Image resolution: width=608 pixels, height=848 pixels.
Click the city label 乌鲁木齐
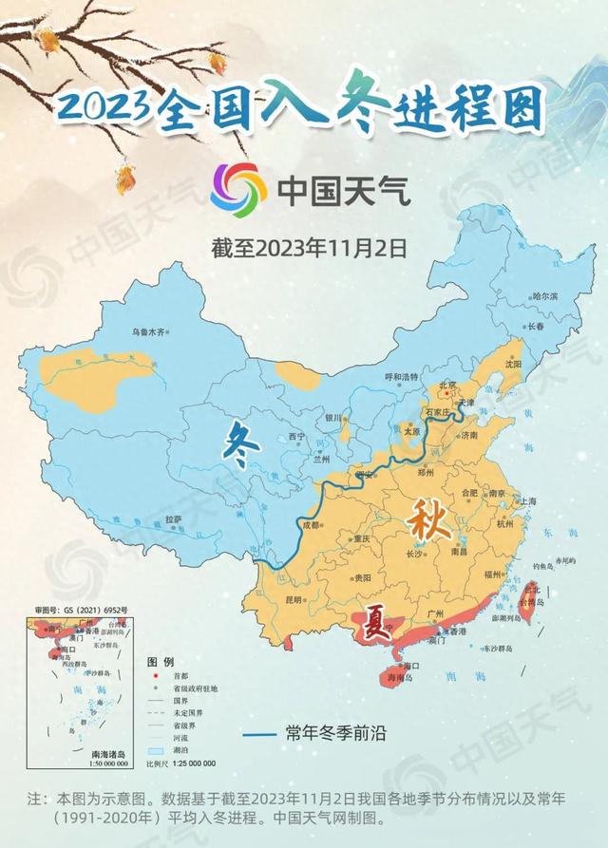tap(149, 332)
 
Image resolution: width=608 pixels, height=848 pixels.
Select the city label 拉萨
tap(174, 519)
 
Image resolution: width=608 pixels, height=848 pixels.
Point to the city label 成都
tap(312, 524)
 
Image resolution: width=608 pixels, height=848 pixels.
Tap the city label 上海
tap(527, 501)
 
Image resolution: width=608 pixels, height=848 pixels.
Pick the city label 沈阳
tap(514, 364)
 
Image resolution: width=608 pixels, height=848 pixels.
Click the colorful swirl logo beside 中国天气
tap(238, 190)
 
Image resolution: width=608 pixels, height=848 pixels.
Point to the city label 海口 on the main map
tap(412, 667)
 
